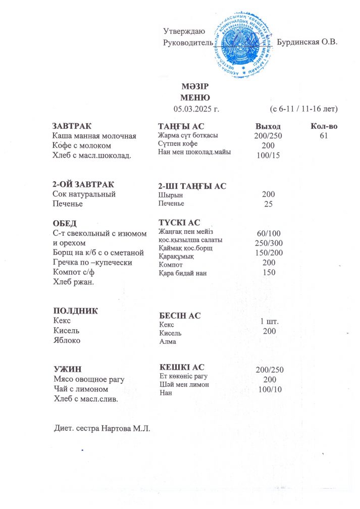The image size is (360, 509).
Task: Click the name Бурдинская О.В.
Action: [307, 42]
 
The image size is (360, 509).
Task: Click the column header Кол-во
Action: [324, 126]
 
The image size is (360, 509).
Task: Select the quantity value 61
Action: [324, 136]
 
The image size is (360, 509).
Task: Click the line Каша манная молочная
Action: [95, 136]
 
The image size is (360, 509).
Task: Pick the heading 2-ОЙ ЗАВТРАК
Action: [83, 184]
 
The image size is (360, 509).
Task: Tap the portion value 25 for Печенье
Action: [268, 204]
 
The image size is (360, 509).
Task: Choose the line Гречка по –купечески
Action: [92, 263]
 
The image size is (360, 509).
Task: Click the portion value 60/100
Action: [268, 233]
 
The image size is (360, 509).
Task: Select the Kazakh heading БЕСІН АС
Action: [179, 316]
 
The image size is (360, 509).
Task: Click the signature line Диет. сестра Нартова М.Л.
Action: [102, 429]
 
